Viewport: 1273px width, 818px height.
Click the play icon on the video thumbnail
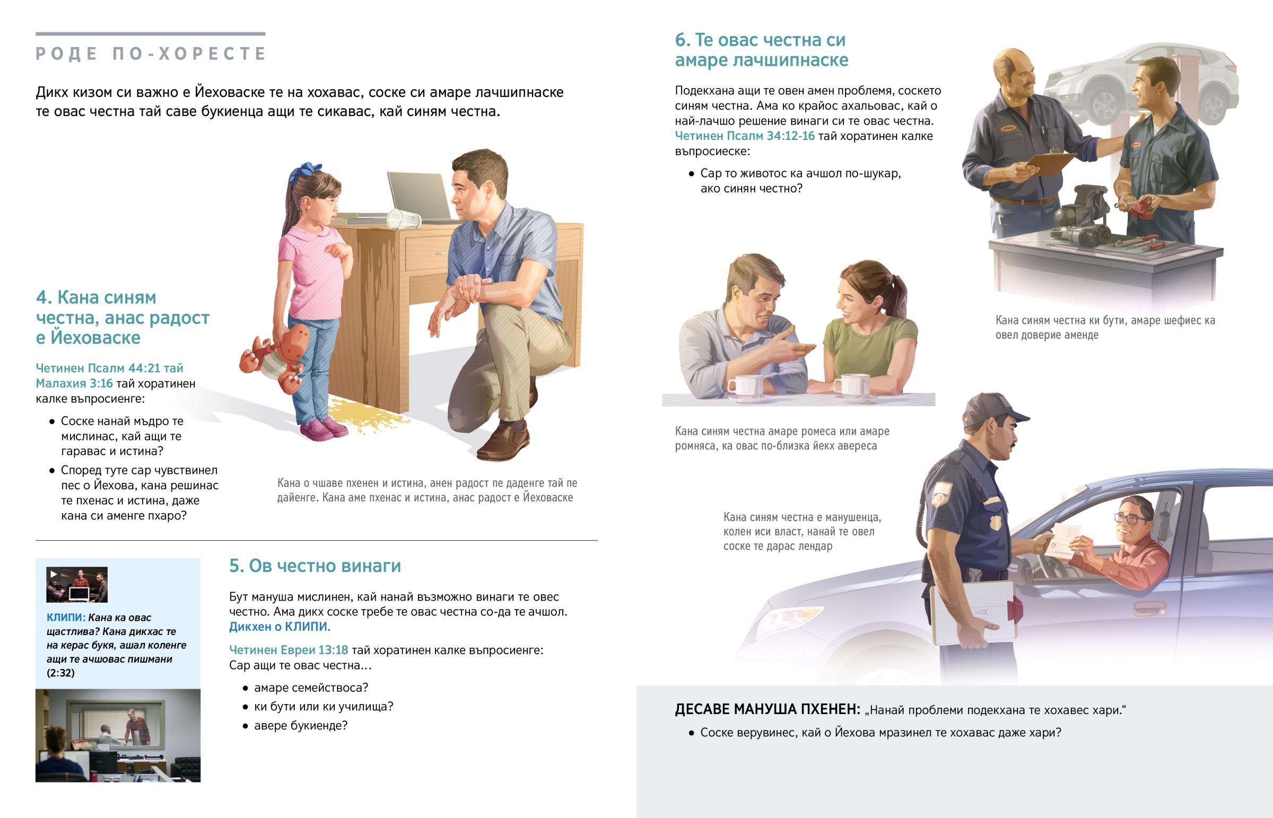tap(54, 574)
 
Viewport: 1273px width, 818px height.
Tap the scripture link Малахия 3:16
tap(74, 383)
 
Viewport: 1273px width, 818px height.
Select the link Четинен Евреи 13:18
tap(289, 650)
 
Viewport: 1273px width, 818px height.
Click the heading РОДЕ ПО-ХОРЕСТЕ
tap(151, 54)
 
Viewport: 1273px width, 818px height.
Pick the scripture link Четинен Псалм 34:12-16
tap(744, 136)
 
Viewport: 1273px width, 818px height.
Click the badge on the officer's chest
tap(993, 523)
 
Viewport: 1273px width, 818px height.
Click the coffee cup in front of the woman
tap(851, 385)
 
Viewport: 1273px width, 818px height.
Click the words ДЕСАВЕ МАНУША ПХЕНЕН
tap(767, 710)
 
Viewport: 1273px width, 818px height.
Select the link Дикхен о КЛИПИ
tap(280, 627)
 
